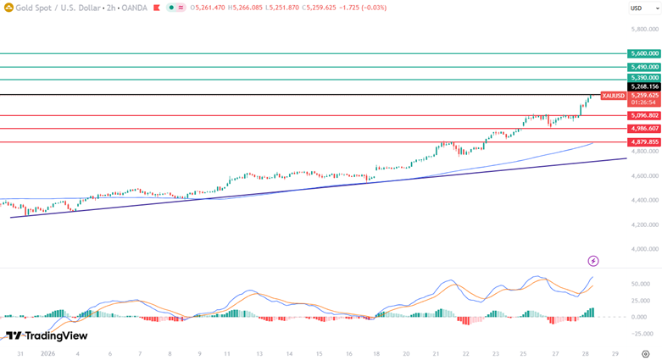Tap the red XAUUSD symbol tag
point(613,96)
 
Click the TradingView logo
point(47,336)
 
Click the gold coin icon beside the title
point(8,8)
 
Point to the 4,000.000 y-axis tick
point(645,249)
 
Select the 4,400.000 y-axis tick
point(645,200)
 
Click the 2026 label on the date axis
point(47,354)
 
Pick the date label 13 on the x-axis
point(259,354)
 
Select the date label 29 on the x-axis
point(615,354)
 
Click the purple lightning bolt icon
point(593,261)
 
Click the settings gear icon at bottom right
point(646,354)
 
